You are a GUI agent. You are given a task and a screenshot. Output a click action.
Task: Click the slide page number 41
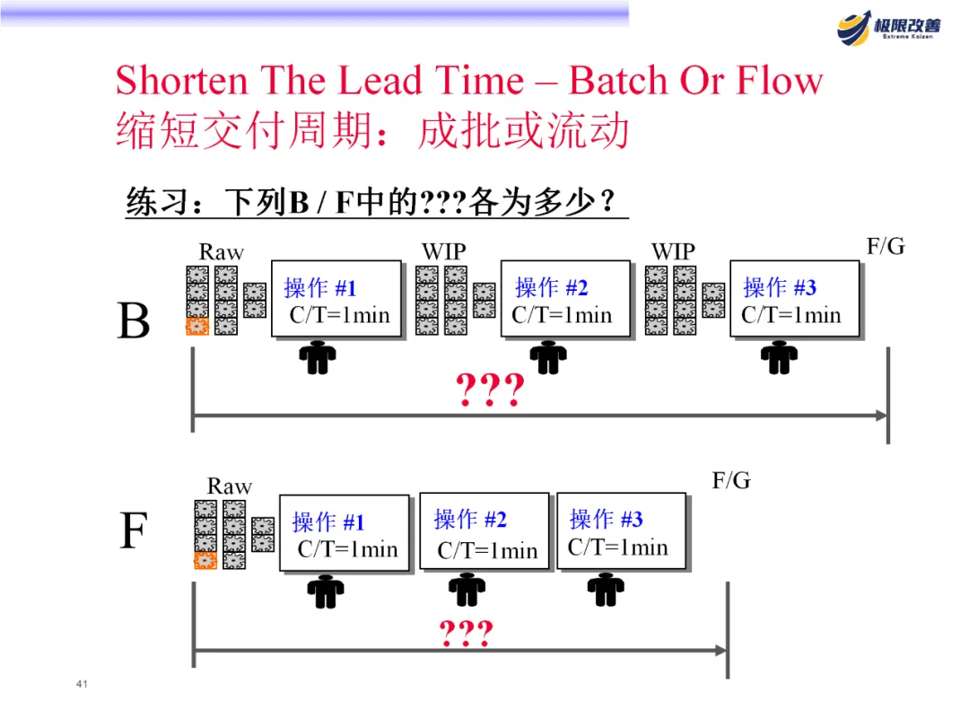point(82,686)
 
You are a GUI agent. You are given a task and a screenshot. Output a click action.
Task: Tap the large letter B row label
point(134,320)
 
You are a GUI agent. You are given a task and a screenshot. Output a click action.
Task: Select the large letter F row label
point(134,531)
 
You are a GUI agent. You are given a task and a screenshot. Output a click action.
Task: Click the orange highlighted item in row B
point(197,327)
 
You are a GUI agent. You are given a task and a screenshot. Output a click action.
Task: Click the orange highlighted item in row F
point(205,561)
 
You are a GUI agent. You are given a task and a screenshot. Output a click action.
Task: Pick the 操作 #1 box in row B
point(336,299)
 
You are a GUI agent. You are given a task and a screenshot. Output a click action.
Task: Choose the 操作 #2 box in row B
point(565,299)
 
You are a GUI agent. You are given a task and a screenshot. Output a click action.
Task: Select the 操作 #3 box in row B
point(795,299)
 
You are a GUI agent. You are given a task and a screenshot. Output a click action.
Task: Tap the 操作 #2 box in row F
point(484,531)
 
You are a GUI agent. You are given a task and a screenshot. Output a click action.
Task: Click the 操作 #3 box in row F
point(621,531)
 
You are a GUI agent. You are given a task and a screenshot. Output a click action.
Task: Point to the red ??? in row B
point(490,391)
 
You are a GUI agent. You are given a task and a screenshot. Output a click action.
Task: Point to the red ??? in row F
point(466,635)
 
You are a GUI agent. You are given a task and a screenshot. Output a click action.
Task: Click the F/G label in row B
point(886,247)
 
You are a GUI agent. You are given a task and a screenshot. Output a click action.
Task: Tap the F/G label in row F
point(731,481)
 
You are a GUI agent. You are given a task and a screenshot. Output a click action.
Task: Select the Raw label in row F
point(230,486)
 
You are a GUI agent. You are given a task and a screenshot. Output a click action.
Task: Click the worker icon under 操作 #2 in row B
point(548,358)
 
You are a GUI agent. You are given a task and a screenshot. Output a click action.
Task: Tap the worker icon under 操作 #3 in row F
point(606,589)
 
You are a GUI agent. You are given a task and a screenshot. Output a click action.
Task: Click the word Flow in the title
point(779,81)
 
